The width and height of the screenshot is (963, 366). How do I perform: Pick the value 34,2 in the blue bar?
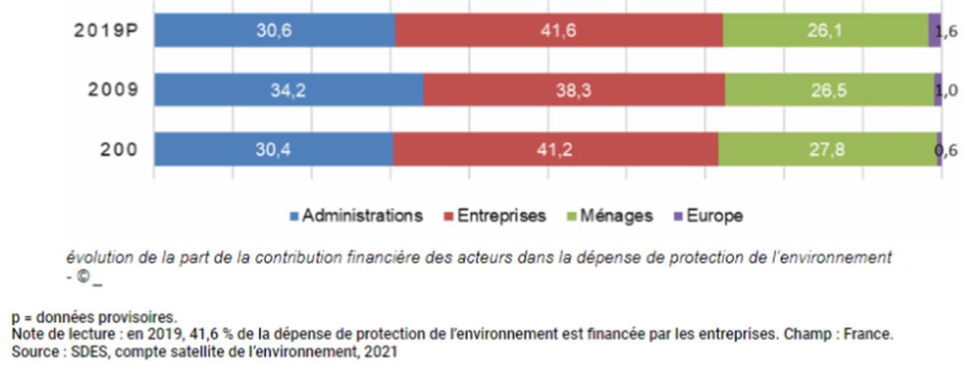289,90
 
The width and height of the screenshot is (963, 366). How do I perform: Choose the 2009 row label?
112,90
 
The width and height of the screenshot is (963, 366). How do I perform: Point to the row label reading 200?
119,149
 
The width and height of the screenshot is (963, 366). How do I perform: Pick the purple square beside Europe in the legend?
678,216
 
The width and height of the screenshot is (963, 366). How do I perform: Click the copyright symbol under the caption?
83,276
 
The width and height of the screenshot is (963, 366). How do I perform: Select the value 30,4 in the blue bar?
274,149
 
